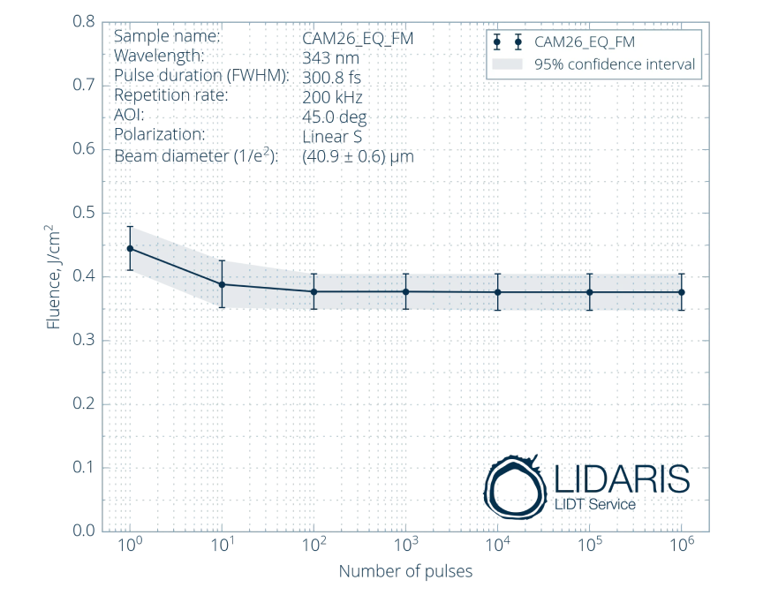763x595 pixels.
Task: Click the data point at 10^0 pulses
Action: point(131,249)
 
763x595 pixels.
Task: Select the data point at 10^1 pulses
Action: point(223,284)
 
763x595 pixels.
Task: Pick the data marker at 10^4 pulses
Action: point(498,292)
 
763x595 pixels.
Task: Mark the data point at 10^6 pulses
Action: point(682,292)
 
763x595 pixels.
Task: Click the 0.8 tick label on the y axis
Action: point(84,22)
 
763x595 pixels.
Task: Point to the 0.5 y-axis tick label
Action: point(84,213)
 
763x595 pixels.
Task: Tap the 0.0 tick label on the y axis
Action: point(84,531)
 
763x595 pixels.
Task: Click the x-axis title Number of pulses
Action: point(405,571)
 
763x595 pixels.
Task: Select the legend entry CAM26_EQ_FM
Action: point(585,41)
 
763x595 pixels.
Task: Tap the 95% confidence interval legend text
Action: point(614,64)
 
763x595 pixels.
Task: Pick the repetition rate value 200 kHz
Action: point(332,97)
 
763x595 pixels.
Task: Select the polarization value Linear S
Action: point(332,137)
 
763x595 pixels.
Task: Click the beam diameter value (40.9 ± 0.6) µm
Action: point(358,156)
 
